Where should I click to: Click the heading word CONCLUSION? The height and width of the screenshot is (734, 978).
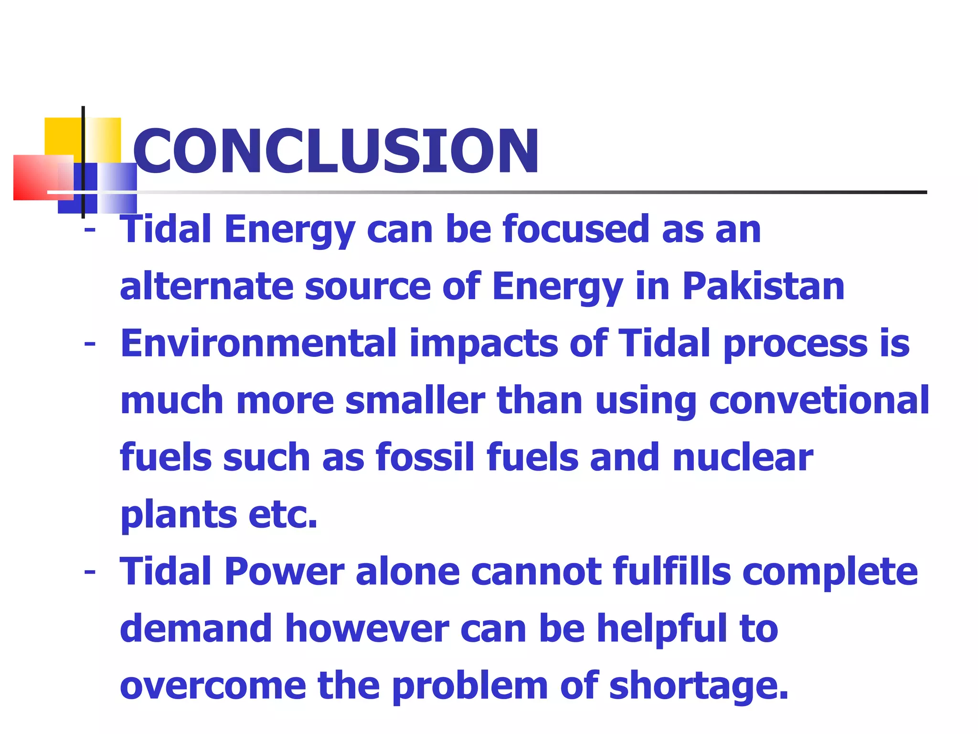336,151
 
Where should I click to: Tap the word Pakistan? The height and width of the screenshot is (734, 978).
763,286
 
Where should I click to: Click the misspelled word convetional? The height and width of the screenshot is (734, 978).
819,400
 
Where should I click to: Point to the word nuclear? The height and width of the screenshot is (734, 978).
743,457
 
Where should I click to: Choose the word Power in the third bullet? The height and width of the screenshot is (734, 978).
284,572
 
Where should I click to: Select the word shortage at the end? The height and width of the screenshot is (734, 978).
698,686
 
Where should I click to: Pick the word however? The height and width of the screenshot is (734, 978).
367,629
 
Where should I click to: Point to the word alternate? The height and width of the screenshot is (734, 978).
206,286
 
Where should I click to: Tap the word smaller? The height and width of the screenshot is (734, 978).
415,400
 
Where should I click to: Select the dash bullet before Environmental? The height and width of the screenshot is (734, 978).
89,344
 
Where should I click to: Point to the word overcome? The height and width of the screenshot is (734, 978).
213,686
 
